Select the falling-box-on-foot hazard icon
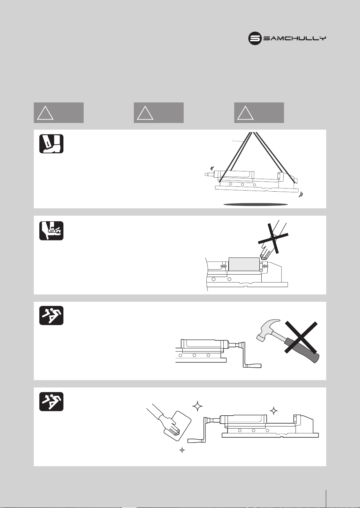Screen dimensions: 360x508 pyautogui.click(x=51, y=144)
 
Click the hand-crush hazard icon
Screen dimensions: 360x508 pyautogui.click(x=51, y=231)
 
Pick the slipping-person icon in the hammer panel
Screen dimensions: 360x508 pyautogui.click(x=51, y=315)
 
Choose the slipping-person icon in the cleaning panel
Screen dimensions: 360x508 pyautogui.click(x=51, y=401)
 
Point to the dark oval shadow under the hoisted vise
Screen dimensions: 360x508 pyautogui.click(x=256, y=205)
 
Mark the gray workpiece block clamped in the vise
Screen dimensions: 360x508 pyautogui.click(x=244, y=264)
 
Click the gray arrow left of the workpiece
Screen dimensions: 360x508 pyautogui.click(x=224, y=265)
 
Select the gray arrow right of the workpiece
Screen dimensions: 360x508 pyautogui.click(x=265, y=265)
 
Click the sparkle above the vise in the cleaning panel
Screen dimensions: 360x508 pyautogui.click(x=274, y=411)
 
